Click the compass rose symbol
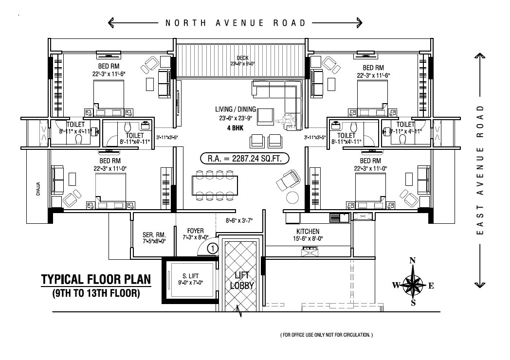(413, 284)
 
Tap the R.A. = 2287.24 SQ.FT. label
(245, 159)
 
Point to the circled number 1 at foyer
(212, 248)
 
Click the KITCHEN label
(308, 232)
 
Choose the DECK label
(242, 58)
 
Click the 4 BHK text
(236, 129)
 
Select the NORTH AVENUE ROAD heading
(236, 23)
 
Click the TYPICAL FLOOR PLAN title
(96, 280)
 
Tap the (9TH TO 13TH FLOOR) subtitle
(96, 293)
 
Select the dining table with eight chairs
(215, 184)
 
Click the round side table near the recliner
(292, 197)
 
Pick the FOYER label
(196, 231)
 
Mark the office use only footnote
(326, 335)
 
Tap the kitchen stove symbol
(310, 251)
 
